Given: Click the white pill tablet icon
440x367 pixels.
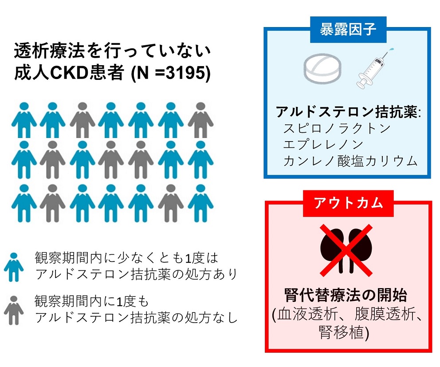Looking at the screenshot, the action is tap(322, 68).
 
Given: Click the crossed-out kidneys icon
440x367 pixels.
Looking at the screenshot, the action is tap(346, 250).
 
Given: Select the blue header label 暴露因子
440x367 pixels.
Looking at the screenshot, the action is tap(348, 29).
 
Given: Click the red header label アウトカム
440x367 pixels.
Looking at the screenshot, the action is tap(348, 203).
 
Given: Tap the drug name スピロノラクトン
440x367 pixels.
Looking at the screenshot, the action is tap(337, 128).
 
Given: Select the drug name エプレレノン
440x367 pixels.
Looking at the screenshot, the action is tap(323, 145).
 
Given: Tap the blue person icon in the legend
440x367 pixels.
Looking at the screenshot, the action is tap(14, 267).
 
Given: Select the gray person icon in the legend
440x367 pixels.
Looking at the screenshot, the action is tap(13, 310).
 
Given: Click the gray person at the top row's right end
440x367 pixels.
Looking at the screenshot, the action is tap(200, 120).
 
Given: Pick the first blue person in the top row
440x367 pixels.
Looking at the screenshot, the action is tap(24, 120).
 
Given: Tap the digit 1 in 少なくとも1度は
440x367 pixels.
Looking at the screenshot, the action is tap(189, 258).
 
